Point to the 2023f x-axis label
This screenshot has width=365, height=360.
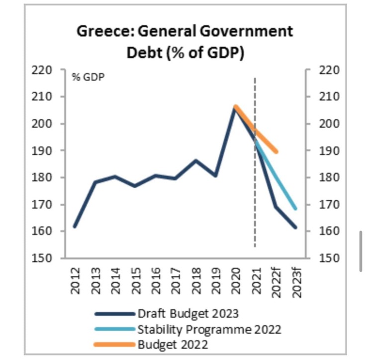coord(297,283)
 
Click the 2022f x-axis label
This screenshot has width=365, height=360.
coord(276,283)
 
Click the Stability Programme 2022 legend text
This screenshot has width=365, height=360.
coord(209,329)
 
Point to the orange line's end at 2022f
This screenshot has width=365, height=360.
coord(276,151)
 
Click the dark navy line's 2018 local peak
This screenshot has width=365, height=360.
coord(195,160)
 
